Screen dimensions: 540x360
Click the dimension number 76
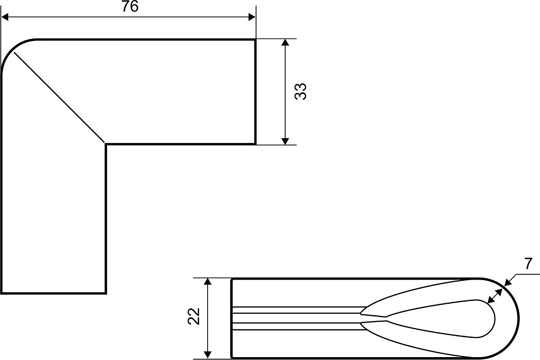(130, 7)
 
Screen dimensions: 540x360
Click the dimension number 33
(300, 91)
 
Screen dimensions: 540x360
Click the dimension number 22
(194, 317)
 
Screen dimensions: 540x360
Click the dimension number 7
(528, 264)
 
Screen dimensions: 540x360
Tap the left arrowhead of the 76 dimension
(5, 17)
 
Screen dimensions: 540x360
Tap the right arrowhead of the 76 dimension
(252, 17)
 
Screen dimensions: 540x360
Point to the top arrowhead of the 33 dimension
(285, 42)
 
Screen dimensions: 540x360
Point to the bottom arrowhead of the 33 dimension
(285, 141)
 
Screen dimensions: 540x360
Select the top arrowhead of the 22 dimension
(208, 281)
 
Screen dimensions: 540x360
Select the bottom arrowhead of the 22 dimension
(208, 355)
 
